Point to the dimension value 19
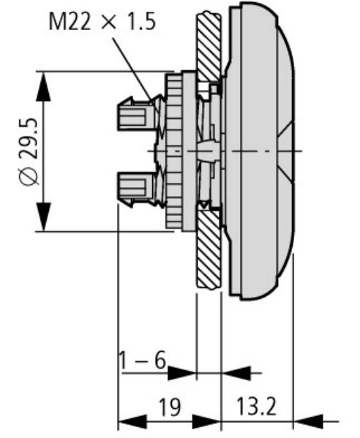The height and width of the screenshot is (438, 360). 170,406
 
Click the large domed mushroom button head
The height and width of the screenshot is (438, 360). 260,146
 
